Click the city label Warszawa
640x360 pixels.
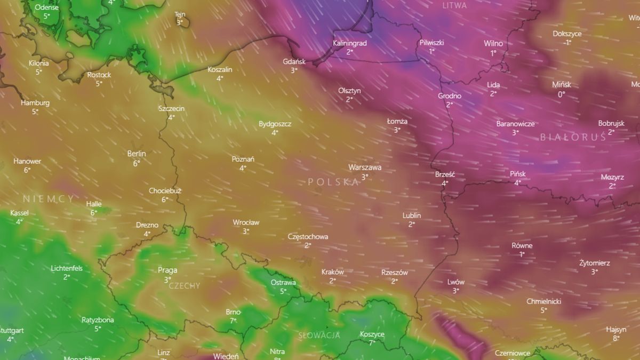365,167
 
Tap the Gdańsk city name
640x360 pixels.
294,61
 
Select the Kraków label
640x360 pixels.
332,272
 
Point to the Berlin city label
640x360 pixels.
137,154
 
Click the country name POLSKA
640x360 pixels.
333,182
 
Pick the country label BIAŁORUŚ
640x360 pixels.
573,137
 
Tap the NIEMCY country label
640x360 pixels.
49,198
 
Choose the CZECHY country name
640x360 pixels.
184,286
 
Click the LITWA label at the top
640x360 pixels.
454,5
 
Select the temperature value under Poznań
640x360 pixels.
243,168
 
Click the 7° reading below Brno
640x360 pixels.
233,321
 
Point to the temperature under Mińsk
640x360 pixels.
561,94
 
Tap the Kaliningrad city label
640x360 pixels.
349,43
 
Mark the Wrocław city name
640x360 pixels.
246,222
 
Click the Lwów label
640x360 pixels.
456,282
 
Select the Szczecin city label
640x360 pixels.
171,108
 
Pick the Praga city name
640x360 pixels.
167,270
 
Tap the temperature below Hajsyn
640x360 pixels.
616,338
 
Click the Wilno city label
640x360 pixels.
493,44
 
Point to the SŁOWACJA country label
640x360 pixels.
319,335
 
